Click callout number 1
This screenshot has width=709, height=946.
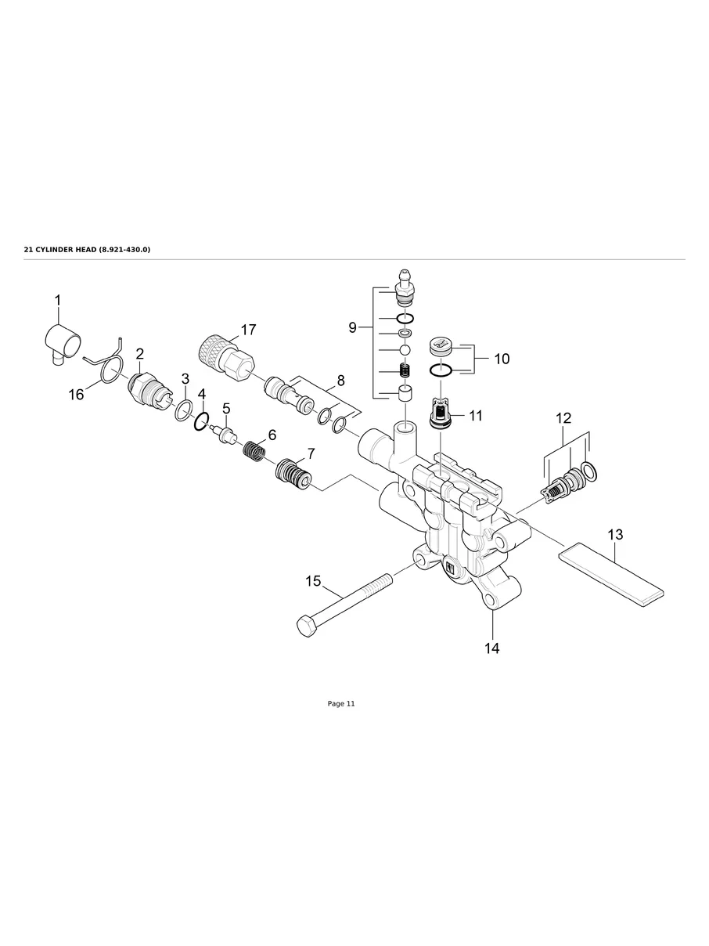(x=57, y=300)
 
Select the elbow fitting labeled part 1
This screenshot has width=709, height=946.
(x=60, y=341)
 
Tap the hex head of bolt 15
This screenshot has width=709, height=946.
(x=306, y=626)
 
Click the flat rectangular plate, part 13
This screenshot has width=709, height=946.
(x=610, y=575)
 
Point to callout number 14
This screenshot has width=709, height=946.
(x=492, y=648)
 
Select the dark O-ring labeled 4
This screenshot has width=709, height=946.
(x=201, y=422)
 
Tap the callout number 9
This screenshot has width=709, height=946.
(x=353, y=327)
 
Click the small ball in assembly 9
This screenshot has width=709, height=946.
(x=405, y=349)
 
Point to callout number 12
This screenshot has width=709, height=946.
(x=563, y=419)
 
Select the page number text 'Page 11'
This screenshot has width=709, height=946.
(x=341, y=704)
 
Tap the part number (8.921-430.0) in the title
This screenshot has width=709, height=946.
(x=124, y=249)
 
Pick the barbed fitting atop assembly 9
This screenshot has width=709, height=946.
(x=405, y=286)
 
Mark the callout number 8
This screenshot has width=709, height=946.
(x=340, y=381)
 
